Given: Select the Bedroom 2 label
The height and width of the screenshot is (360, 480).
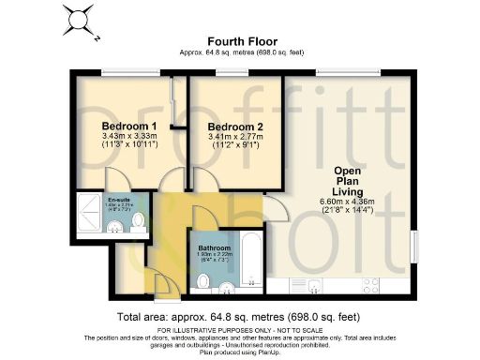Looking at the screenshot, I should (234, 127).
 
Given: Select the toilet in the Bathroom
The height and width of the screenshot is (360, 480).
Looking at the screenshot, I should (202, 281).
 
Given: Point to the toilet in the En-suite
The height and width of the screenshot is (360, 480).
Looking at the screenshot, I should (138, 220).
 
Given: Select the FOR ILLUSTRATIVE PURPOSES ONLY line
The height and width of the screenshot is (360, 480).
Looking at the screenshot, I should (239, 330).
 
